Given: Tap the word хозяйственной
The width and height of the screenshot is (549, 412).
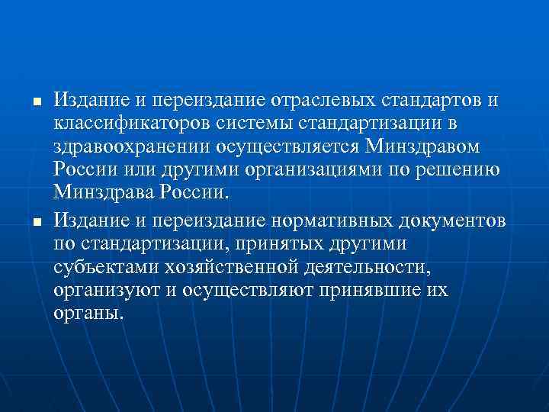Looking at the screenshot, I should (221, 267).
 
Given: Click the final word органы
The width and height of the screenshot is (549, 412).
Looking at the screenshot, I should (87, 314).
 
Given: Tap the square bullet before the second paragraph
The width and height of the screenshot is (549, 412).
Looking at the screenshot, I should (26, 221).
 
